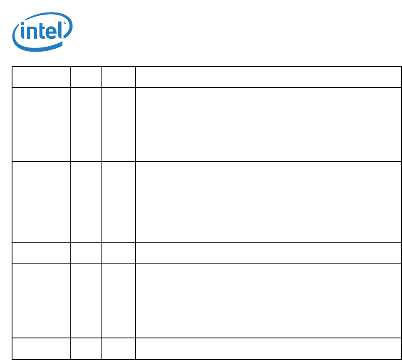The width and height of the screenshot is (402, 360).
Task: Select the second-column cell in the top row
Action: pyautogui.click(x=86, y=77)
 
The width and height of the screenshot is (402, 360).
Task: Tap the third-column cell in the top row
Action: pyautogui.click(x=118, y=77)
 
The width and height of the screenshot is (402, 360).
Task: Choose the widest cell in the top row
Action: pyautogui.click(x=268, y=77)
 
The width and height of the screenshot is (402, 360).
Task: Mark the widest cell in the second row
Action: pyautogui.click(x=268, y=124)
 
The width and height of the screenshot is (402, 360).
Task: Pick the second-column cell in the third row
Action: pyautogui.click(x=86, y=201)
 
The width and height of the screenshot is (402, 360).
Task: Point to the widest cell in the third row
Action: pyautogui.click(x=268, y=201)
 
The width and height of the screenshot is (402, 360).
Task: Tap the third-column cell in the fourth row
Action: pyautogui.click(x=118, y=253)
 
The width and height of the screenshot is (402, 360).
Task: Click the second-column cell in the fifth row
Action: pyautogui.click(x=86, y=300)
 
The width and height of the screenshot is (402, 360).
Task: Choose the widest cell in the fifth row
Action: pyautogui.click(x=268, y=300)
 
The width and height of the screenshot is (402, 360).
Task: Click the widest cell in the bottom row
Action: pyautogui.click(x=268, y=348)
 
